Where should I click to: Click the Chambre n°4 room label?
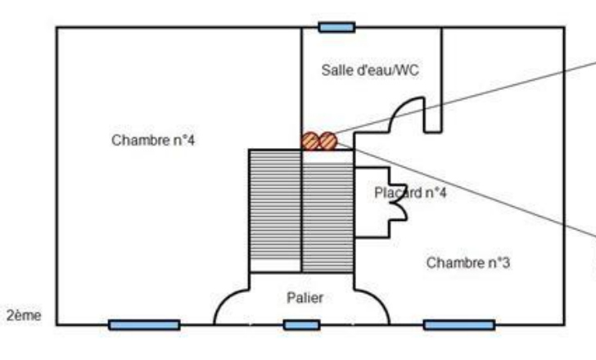(x=154, y=140)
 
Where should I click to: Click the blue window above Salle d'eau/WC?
(x=336, y=27)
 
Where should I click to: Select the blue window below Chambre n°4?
(x=144, y=325)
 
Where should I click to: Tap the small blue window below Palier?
(x=301, y=325)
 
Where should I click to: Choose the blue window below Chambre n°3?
(x=458, y=325)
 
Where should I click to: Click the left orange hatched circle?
(x=309, y=141)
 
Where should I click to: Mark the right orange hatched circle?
(x=327, y=141)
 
